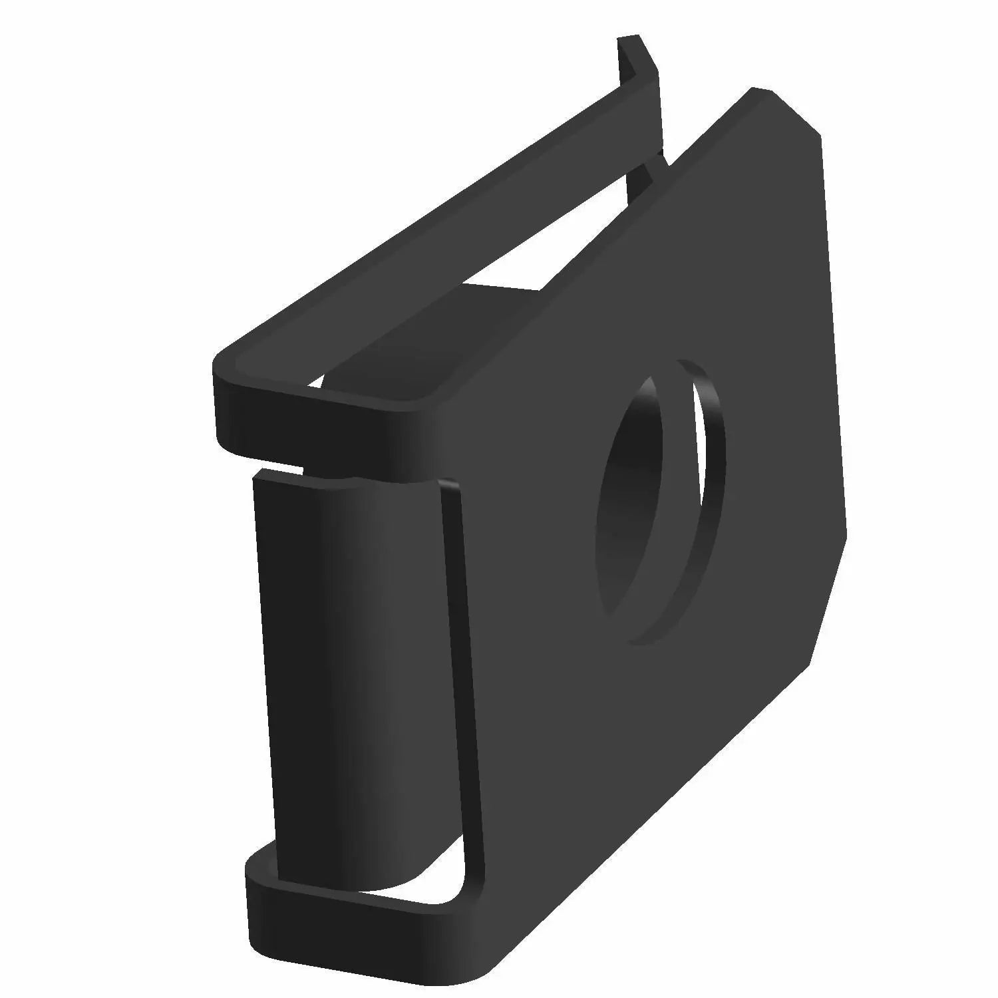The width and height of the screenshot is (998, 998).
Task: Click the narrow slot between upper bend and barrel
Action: pyautogui.click(x=279, y=465)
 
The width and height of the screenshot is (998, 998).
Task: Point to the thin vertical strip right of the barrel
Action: pyautogui.click(x=462, y=665)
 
